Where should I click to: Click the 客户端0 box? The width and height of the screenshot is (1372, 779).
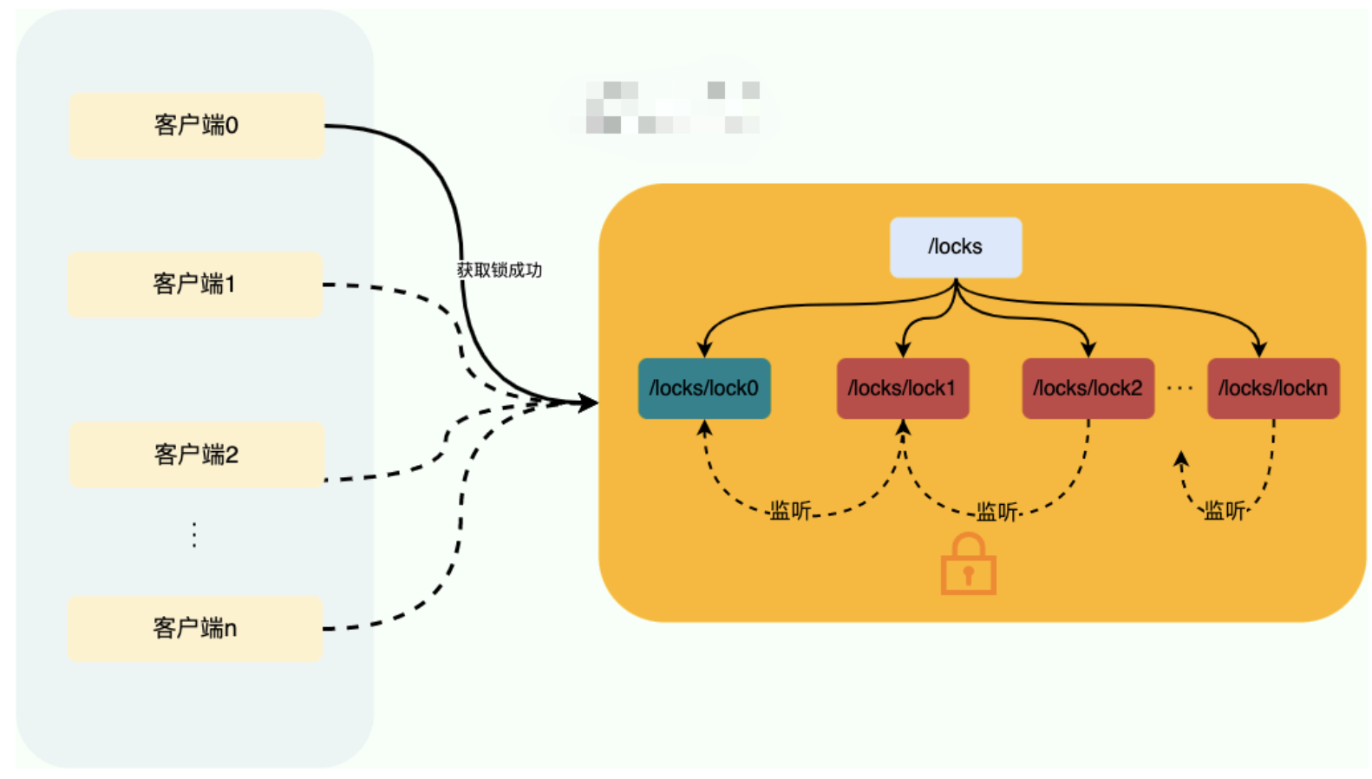tap(196, 126)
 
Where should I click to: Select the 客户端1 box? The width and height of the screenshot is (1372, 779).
tap(194, 285)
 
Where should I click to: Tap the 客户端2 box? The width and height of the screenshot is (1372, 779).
tap(196, 455)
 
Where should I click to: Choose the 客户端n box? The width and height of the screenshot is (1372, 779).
tap(194, 628)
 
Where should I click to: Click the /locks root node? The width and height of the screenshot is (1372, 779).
tap(955, 247)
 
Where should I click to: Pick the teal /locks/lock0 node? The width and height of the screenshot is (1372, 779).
tap(703, 389)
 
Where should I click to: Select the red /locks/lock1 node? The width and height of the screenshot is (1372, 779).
tap(902, 389)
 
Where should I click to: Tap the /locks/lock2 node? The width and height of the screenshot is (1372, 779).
tap(1088, 389)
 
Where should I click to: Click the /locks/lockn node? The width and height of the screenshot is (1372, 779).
tap(1272, 389)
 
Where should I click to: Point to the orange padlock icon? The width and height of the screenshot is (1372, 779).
tap(968, 566)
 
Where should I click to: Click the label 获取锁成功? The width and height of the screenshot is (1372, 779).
tap(500, 271)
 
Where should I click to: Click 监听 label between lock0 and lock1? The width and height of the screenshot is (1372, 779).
tap(790, 511)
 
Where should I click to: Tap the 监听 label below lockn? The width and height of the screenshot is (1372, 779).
tap(1225, 511)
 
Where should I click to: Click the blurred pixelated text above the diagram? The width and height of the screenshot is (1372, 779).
tap(672, 108)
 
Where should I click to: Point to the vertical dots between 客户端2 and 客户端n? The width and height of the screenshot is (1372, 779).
tap(194, 534)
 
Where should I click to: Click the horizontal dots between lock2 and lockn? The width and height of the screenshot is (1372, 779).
tap(1179, 389)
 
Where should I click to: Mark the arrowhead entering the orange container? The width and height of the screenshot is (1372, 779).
tap(589, 403)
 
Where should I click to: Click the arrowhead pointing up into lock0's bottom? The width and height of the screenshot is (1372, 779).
tap(704, 428)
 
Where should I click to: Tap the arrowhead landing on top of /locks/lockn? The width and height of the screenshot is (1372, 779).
tap(1259, 350)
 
